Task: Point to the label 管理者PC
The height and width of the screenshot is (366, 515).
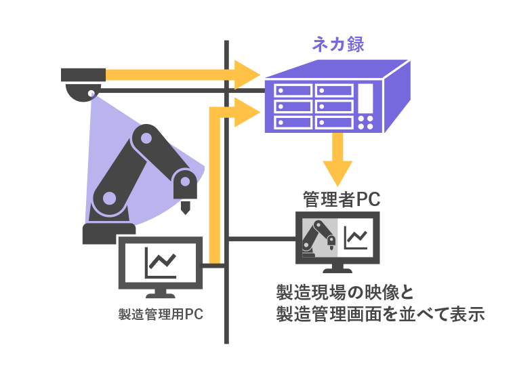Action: click(x=341, y=199)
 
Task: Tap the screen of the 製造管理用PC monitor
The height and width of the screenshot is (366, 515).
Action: click(x=161, y=261)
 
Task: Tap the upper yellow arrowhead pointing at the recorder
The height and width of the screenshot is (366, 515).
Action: click(x=247, y=74)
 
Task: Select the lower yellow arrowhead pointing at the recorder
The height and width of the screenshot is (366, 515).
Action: click(x=247, y=111)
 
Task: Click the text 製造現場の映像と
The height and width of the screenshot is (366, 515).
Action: click(x=345, y=292)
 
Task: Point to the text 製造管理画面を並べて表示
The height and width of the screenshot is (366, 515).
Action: click(x=381, y=314)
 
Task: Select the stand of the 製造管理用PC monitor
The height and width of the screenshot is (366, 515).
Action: click(x=161, y=293)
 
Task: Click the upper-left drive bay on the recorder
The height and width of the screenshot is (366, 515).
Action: click(x=290, y=88)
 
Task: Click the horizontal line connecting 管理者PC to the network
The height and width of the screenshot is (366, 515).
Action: click(x=261, y=238)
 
